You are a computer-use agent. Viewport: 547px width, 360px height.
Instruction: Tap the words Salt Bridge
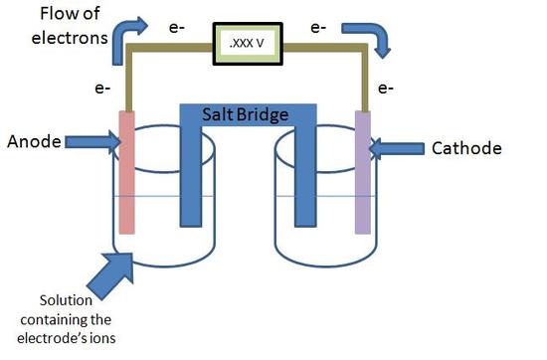(248, 115)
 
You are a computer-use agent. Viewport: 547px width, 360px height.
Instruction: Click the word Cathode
(466, 149)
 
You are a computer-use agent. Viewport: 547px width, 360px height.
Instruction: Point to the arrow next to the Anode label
(91, 142)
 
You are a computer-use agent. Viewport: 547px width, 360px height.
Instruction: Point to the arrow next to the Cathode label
(397, 150)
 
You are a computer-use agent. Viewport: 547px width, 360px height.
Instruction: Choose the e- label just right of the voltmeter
(319, 28)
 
